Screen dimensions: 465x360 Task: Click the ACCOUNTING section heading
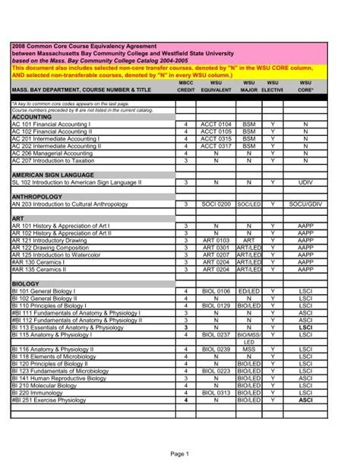click(31, 117)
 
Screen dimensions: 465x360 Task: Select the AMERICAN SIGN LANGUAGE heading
click(52, 175)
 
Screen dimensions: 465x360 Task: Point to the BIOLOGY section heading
click(25, 283)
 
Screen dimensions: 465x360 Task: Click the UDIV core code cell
click(305, 182)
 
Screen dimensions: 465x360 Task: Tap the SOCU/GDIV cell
click(305, 204)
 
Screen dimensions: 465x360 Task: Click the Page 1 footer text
click(179, 453)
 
